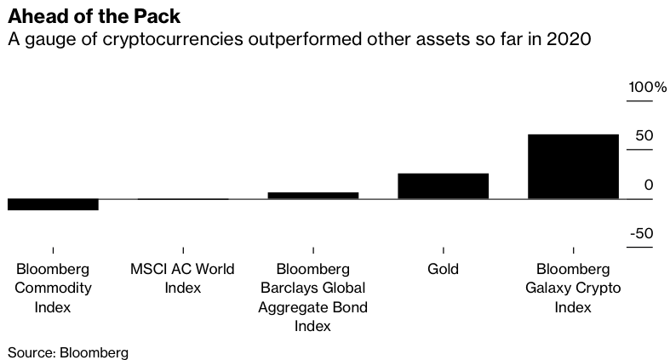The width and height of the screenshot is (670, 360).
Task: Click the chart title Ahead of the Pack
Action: (x=94, y=16)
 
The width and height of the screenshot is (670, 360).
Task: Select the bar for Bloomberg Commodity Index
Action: (x=53, y=204)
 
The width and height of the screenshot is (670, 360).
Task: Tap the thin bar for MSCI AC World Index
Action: (x=183, y=199)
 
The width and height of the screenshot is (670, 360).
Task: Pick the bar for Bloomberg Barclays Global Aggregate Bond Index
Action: (x=313, y=196)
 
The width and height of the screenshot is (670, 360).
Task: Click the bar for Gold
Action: (x=443, y=186)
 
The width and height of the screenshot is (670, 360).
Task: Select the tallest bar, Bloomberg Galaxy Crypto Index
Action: (x=573, y=167)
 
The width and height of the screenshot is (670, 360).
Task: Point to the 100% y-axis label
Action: (x=647, y=87)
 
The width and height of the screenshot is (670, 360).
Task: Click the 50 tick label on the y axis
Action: (x=644, y=136)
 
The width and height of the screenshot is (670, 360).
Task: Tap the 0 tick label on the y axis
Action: (x=649, y=185)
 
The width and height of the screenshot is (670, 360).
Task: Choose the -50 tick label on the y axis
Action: (x=642, y=233)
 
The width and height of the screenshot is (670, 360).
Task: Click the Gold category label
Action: (x=443, y=269)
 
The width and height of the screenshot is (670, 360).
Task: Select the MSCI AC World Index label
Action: (x=182, y=278)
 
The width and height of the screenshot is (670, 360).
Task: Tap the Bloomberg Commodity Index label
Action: (x=53, y=288)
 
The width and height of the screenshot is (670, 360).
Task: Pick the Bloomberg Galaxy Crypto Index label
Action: (x=573, y=288)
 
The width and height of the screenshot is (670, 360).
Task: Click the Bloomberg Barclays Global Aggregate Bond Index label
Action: (x=312, y=297)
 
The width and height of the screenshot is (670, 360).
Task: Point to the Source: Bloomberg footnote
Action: (x=68, y=352)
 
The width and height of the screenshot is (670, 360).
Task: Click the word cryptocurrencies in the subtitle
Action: (x=173, y=39)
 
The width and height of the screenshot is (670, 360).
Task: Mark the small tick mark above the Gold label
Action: (x=443, y=250)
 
